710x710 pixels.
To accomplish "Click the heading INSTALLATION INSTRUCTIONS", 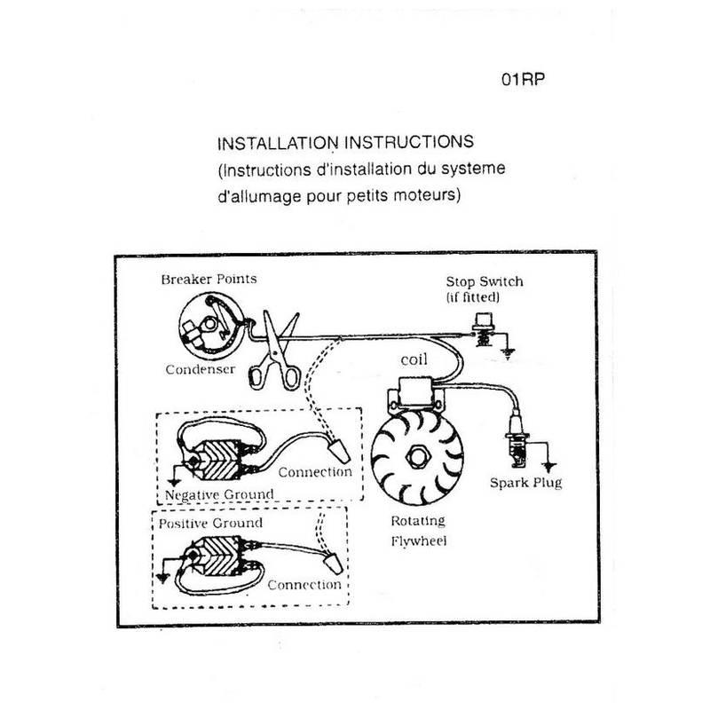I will pyautogui.click(x=346, y=143).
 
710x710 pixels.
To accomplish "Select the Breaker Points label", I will pyautogui.click(x=209, y=279).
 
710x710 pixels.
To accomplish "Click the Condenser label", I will pyautogui.click(x=200, y=368).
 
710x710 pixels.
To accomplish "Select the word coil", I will pyautogui.click(x=414, y=360).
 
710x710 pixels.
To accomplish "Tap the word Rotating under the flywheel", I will pyautogui.click(x=416, y=521).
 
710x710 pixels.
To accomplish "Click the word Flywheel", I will pyautogui.click(x=416, y=539).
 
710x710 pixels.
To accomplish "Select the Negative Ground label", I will pyautogui.click(x=219, y=493).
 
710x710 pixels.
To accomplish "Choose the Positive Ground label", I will pyautogui.click(x=210, y=523).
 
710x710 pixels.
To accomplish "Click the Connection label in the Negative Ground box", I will pyautogui.click(x=315, y=471).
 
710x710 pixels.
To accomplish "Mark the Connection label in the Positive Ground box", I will pyautogui.click(x=304, y=585).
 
